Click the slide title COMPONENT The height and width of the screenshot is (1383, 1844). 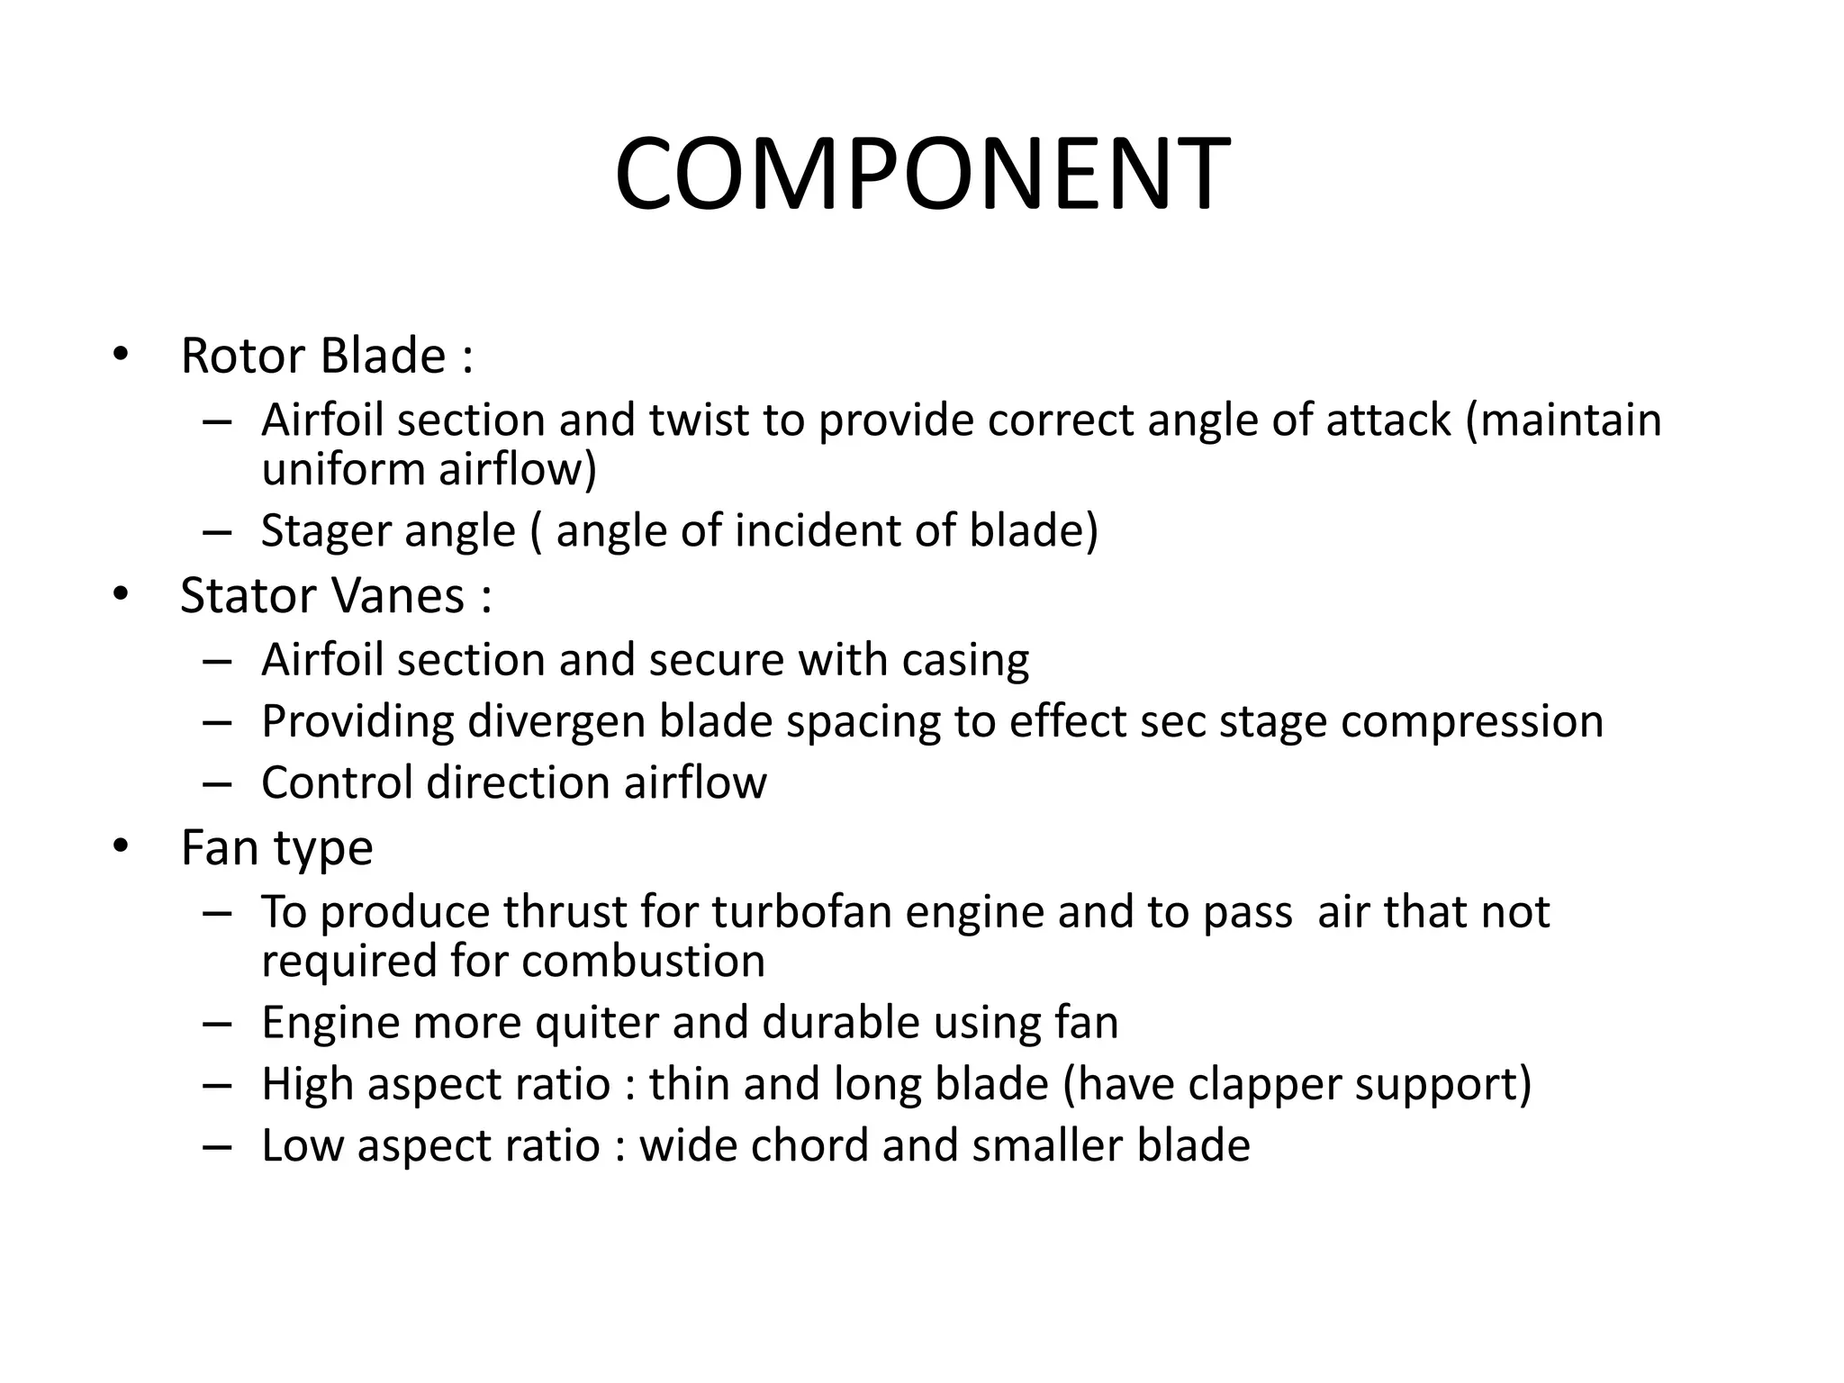(x=921, y=175)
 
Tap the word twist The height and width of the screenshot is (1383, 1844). (x=699, y=420)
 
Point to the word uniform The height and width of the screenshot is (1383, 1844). (x=342, y=469)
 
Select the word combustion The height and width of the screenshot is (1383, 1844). (x=643, y=961)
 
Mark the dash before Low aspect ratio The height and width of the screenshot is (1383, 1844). (x=217, y=1146)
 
